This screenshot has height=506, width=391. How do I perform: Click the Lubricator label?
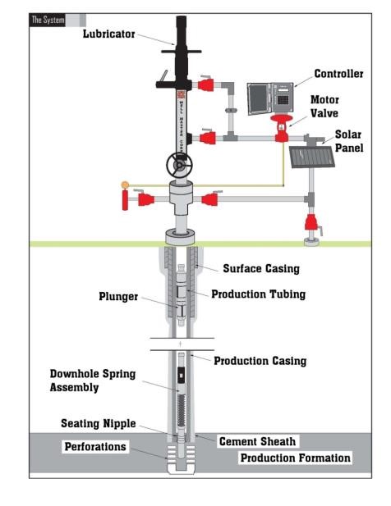tap(108, 34)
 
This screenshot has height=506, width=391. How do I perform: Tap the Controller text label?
tap(338, 74)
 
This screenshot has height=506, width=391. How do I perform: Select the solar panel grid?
tap(311, 157)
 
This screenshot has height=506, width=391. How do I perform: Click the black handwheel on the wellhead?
tap(179, 165)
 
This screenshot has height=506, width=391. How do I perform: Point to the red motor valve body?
tap(281, 128)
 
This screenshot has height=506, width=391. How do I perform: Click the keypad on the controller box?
tap(283, 100)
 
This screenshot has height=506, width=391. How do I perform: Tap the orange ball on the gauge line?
tap(125, 185)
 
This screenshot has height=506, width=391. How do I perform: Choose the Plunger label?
tap(118, 297)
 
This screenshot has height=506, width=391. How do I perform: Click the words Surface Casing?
tap(261, 268)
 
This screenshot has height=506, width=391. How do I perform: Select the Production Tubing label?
tap(258, 294)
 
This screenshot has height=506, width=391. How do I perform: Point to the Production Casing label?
tap(260, 361)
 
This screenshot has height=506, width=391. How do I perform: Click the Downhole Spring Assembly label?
tap(93, 381)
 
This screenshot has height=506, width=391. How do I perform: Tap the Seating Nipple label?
tap(99, 423)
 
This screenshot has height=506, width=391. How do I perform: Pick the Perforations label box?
tap(95, 447)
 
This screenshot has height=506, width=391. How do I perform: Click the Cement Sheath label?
tap(258, 441)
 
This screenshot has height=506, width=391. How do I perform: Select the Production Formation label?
tap(296, 458)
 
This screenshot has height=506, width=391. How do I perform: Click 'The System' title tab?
tap(48, 20)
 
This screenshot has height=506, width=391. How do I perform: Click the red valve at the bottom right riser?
tap(310, 222)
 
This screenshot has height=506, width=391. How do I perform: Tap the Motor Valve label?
tap(324, 107)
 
